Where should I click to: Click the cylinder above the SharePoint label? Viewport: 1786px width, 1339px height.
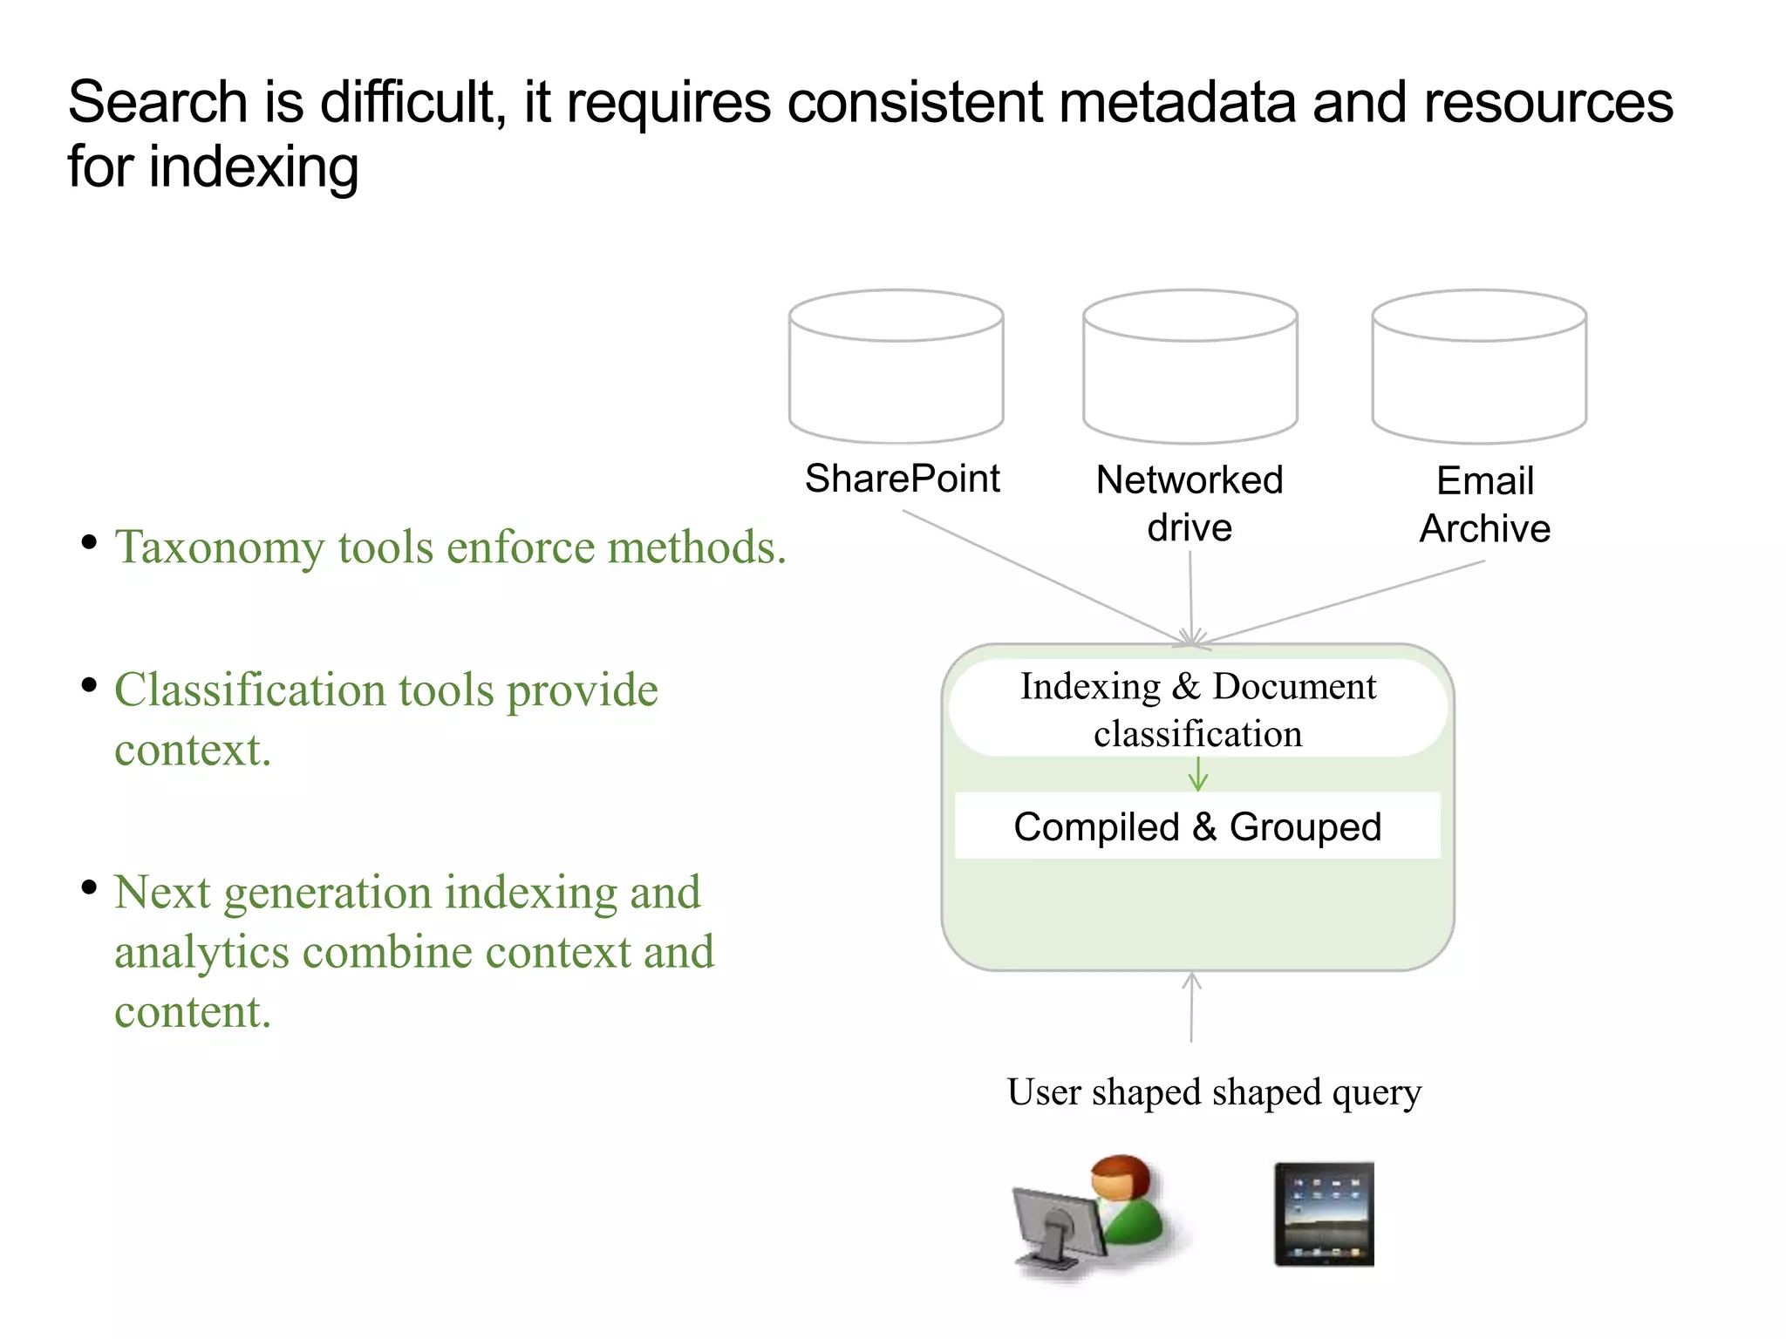[896, 366]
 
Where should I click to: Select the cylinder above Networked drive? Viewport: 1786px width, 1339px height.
[1190, 366]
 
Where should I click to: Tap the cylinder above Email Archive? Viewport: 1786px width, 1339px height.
[1479, 366]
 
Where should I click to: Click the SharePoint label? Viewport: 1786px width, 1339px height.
[902, 479]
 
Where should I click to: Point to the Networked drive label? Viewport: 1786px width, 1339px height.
[1190, 504]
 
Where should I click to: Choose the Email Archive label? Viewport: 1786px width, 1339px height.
[1484, 505]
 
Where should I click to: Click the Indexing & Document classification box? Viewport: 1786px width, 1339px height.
[1197, 709]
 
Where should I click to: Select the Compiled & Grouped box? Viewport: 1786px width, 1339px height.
[1197, 826]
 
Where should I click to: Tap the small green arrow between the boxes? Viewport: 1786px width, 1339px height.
[1198, 774]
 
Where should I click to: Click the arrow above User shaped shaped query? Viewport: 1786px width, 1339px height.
[1191, 1007]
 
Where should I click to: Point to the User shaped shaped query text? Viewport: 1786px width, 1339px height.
[1214, 1092]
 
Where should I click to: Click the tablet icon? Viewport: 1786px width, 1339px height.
[1324, 1213]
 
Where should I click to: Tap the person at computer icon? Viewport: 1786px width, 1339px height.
[1090, 1216]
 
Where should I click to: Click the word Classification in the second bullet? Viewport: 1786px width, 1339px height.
[250, 690]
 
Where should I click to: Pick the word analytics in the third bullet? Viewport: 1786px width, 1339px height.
[201, 952]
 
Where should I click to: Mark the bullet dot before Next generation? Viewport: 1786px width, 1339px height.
[89, 888]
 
